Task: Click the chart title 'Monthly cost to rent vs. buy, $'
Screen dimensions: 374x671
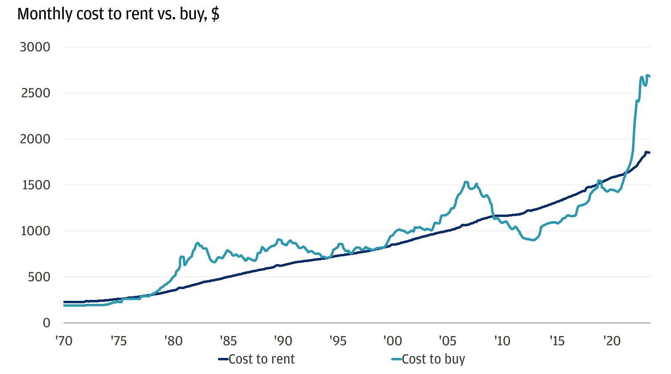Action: pos(118,14)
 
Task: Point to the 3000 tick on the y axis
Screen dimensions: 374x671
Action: pos(35,47)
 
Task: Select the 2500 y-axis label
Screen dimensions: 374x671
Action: pos(35,93)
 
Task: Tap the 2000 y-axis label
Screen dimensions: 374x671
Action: pos(35,139)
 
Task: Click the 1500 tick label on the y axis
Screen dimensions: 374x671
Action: pos(35,185)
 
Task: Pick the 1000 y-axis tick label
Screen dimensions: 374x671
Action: pos(35,231)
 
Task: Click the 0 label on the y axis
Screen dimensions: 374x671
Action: pos(46,323)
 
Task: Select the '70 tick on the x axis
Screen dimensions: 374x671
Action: pos(64,341)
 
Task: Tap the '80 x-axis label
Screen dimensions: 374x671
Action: pos(173,341)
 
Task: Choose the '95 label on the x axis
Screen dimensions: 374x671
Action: pos(338,341)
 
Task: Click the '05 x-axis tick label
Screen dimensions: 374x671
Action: pos(447,341)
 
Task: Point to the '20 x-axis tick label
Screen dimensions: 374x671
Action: pos(612,341)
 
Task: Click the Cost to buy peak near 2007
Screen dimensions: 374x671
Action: pos(466,182)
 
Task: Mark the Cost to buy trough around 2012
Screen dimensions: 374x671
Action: pos(534,240)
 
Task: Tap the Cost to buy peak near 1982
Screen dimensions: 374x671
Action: pos(198,243)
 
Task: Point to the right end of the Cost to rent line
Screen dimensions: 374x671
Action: pos(649,153)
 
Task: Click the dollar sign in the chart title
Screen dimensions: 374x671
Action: pos(215,14)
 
